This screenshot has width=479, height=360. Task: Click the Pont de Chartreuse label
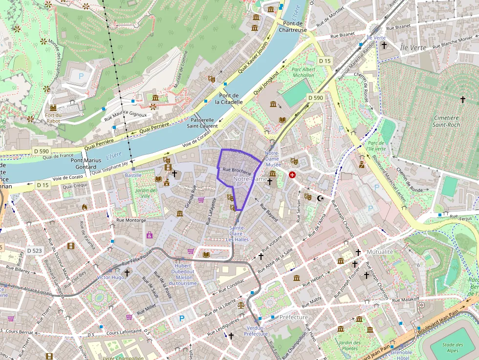(293, 26)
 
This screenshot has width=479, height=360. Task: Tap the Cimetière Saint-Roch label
(446, 121)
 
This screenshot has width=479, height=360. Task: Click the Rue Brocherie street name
(237, 170)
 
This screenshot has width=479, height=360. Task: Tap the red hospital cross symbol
(292, 174)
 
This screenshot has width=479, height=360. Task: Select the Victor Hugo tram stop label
(111, 277)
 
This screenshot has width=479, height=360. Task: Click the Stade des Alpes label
(453, 347)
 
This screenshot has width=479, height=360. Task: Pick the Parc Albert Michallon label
(303, 72)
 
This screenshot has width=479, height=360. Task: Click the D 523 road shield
(35, 251)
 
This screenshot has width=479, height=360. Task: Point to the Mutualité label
(380, 252)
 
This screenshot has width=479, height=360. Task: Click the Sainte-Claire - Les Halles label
(237, 233)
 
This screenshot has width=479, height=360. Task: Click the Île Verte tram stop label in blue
(376, 38)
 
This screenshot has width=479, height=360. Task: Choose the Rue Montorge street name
(131, 220)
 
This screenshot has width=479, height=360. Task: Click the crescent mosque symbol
(320, 198)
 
